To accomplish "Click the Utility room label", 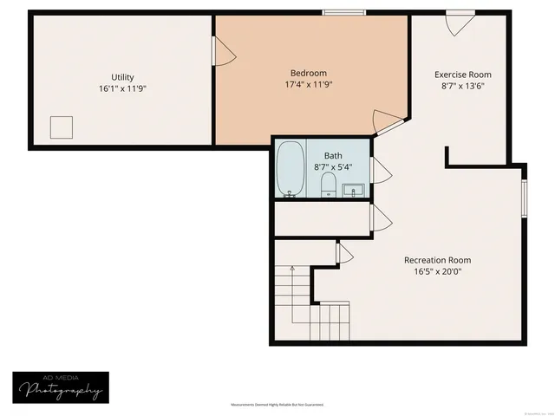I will (121, 77).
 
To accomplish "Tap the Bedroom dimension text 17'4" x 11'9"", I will (309, 85).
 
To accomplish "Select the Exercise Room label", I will (463, 75).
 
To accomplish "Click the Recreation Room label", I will (438, 260).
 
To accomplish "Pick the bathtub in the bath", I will (289, 169).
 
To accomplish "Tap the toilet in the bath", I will (329, 185).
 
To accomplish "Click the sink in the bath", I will (353, 189).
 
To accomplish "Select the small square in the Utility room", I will (62, 127).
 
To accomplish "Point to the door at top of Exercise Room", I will (459, 22).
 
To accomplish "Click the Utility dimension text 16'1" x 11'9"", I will (121, 88).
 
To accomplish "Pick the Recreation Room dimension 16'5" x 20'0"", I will (438, 271).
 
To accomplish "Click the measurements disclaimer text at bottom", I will (277, 405).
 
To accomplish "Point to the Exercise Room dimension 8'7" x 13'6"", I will (463, 86).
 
